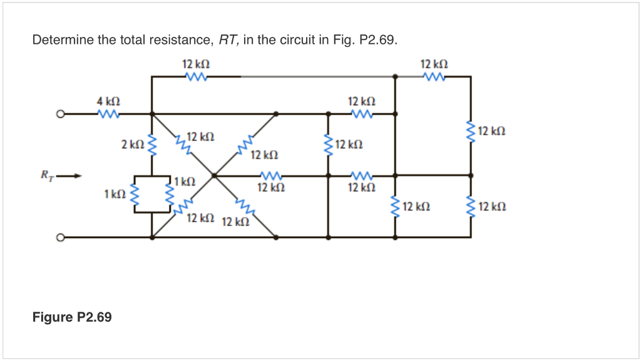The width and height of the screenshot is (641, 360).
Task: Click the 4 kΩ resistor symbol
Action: point(108,114)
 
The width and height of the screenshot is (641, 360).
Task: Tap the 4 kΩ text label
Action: point(108,101)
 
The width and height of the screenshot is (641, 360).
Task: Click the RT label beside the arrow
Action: point(46,176)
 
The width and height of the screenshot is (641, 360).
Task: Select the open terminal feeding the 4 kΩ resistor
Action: point(60,115)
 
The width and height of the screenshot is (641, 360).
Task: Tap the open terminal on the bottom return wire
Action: point(60,238)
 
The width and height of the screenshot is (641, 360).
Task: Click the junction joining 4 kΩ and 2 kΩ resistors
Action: point(152,114)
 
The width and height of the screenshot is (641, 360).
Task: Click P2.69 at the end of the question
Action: point(379,41)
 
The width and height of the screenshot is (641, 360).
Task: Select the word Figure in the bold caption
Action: point(53,317)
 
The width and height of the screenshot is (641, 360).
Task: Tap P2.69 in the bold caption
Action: point(94,317)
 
